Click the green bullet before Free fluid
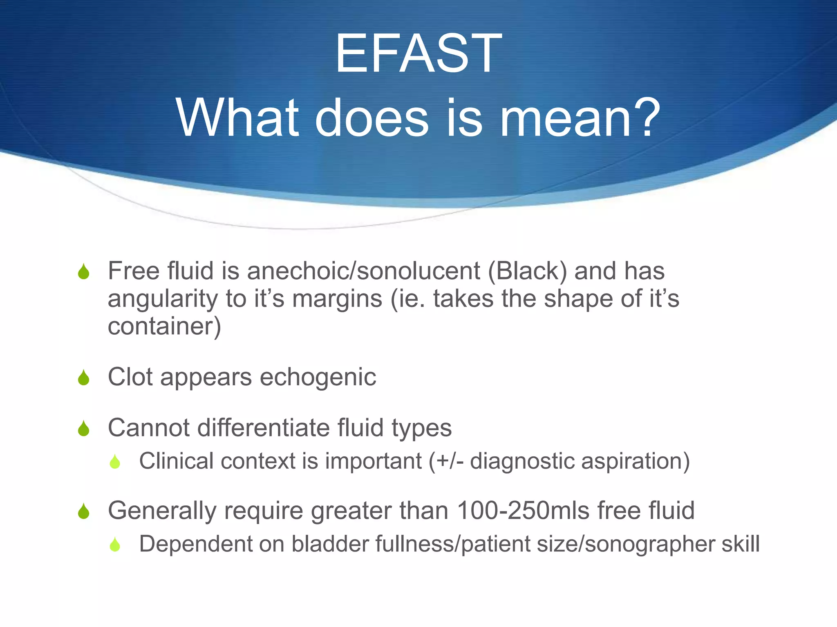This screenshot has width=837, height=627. pos(83,272)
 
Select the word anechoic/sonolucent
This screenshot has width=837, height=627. pos(363,271)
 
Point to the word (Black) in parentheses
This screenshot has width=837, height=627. pos(528,271)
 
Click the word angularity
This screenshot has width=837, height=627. pos(163,299)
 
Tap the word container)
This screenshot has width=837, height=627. pos(164,326)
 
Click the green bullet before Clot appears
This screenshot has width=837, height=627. pos(83,378)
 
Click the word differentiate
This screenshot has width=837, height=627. pos(264,428)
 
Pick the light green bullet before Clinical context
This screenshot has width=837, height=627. pos(115,462)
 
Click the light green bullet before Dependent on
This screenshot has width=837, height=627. pos(115,545)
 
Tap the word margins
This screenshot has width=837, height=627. pos(337,299)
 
